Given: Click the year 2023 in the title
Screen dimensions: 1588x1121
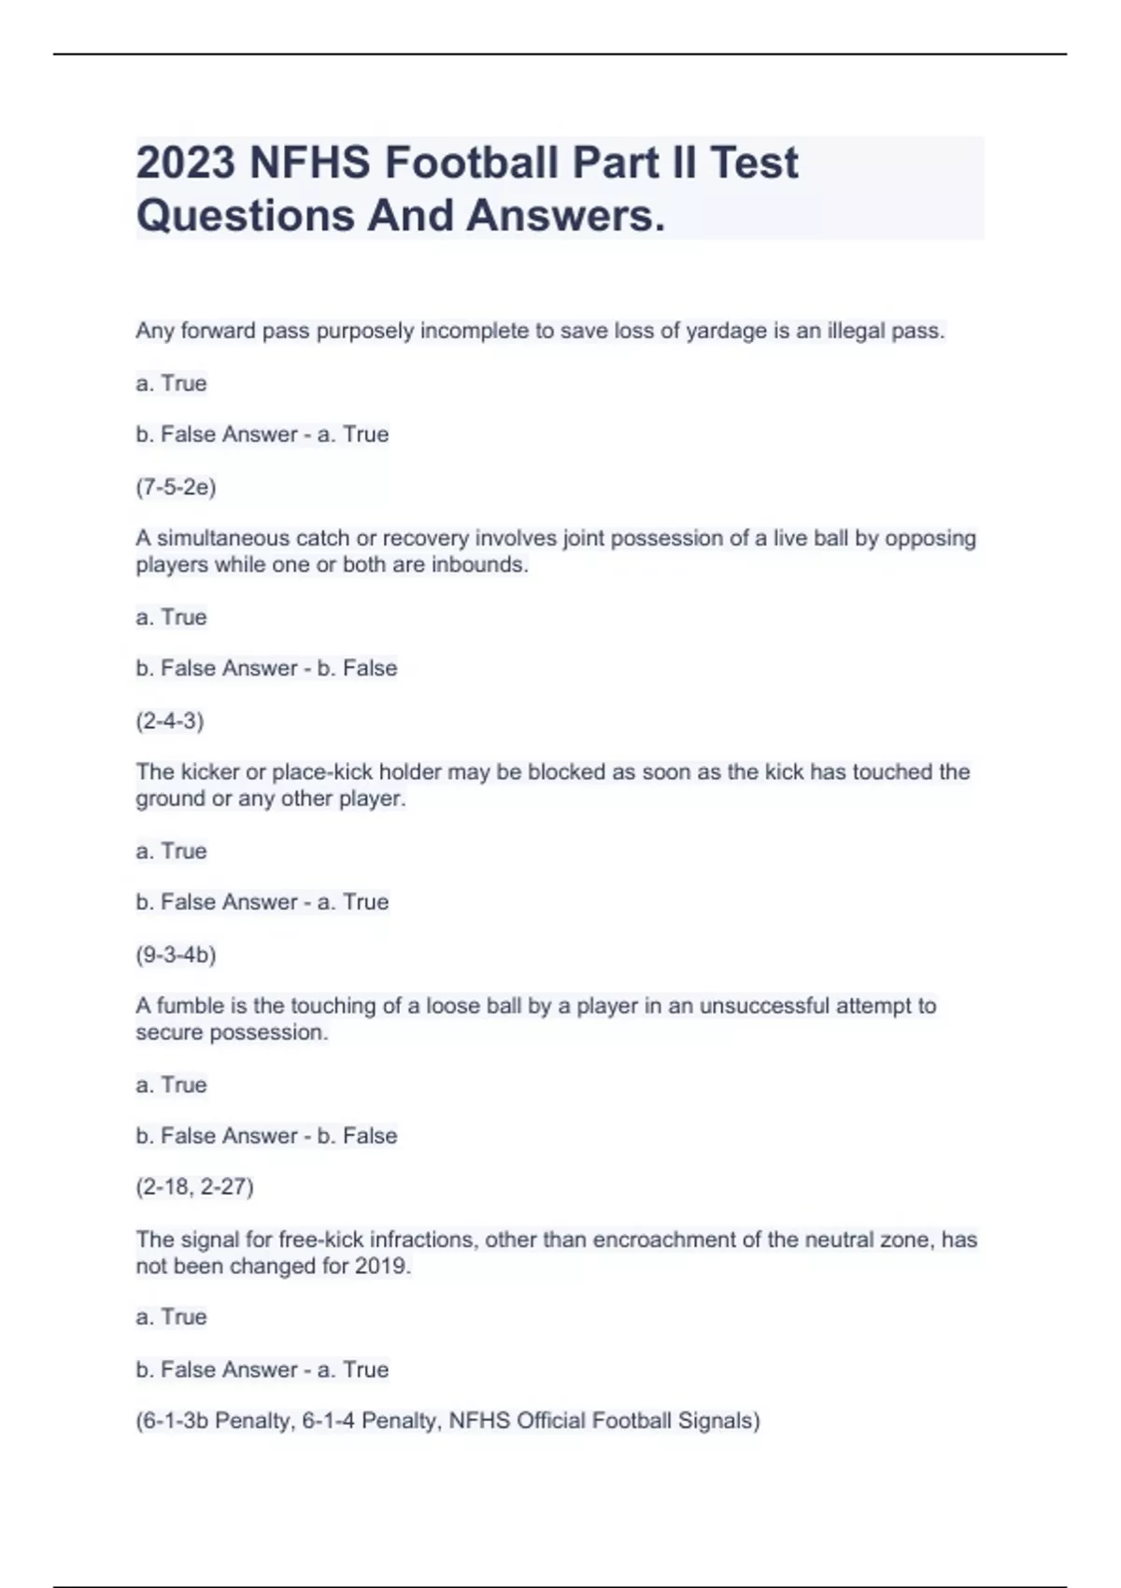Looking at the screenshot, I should click(x=186, y=163).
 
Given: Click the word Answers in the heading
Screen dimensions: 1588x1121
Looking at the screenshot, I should click(x=564, y=216).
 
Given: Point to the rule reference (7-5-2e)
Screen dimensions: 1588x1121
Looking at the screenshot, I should click(x=176, y=487).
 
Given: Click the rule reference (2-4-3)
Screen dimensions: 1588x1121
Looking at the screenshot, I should click(x=170, y=720).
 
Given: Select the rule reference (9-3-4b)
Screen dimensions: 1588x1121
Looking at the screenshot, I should click(x=176, y=954).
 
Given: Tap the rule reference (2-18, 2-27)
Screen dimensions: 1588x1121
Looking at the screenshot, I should click(x=194, y=1186).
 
